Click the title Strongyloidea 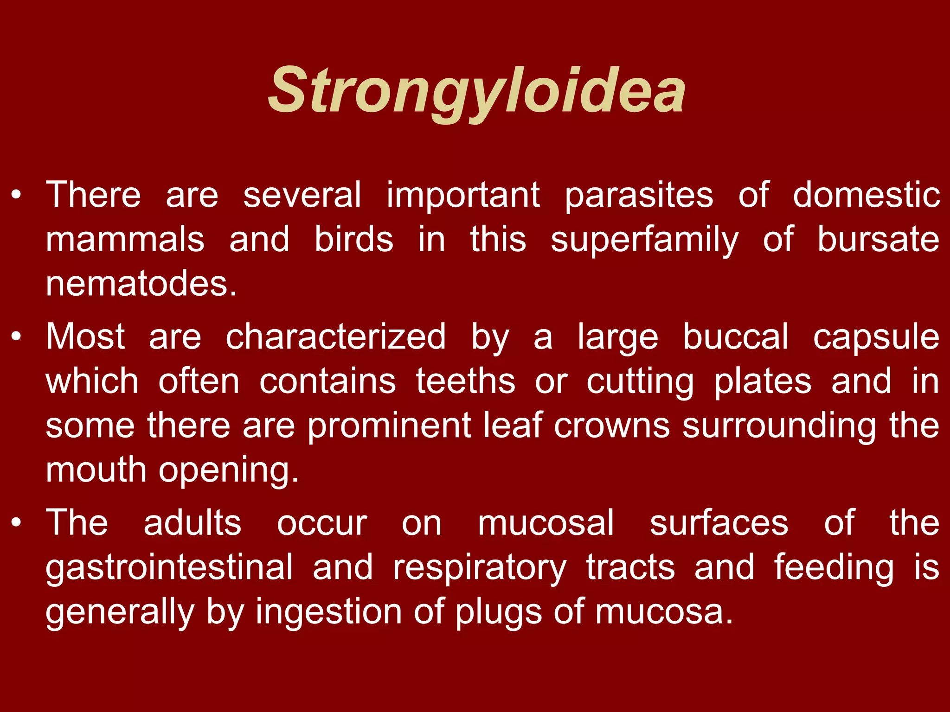pos(476,90)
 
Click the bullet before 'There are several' pos(17,195)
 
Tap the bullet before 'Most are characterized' pos(17,337)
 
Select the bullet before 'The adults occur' pos(17,523)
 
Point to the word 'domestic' pos(866,195)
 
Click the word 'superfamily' pos(644,240)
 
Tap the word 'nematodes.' pos(141,284)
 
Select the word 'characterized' pos(335,337)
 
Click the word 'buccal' pos(735,337)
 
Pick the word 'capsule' pos(876,337)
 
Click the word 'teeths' pos(465,381)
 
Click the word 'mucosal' pos(546,523)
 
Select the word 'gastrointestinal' pos(169,567)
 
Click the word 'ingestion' pos(328,612)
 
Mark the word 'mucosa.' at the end pos(664,612)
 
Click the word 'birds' pos(353,239)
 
